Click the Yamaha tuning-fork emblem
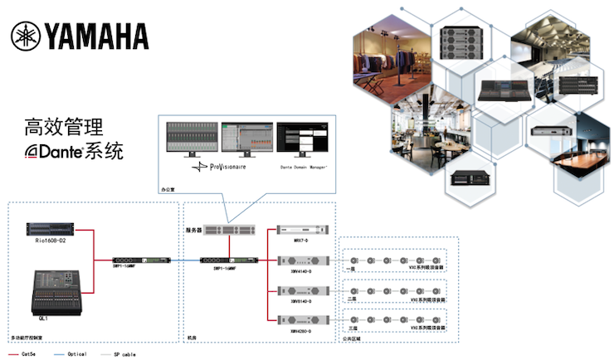pyautogui.click(x=28, y=36)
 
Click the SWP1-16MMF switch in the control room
pyautogui.click(x=146, y=258)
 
